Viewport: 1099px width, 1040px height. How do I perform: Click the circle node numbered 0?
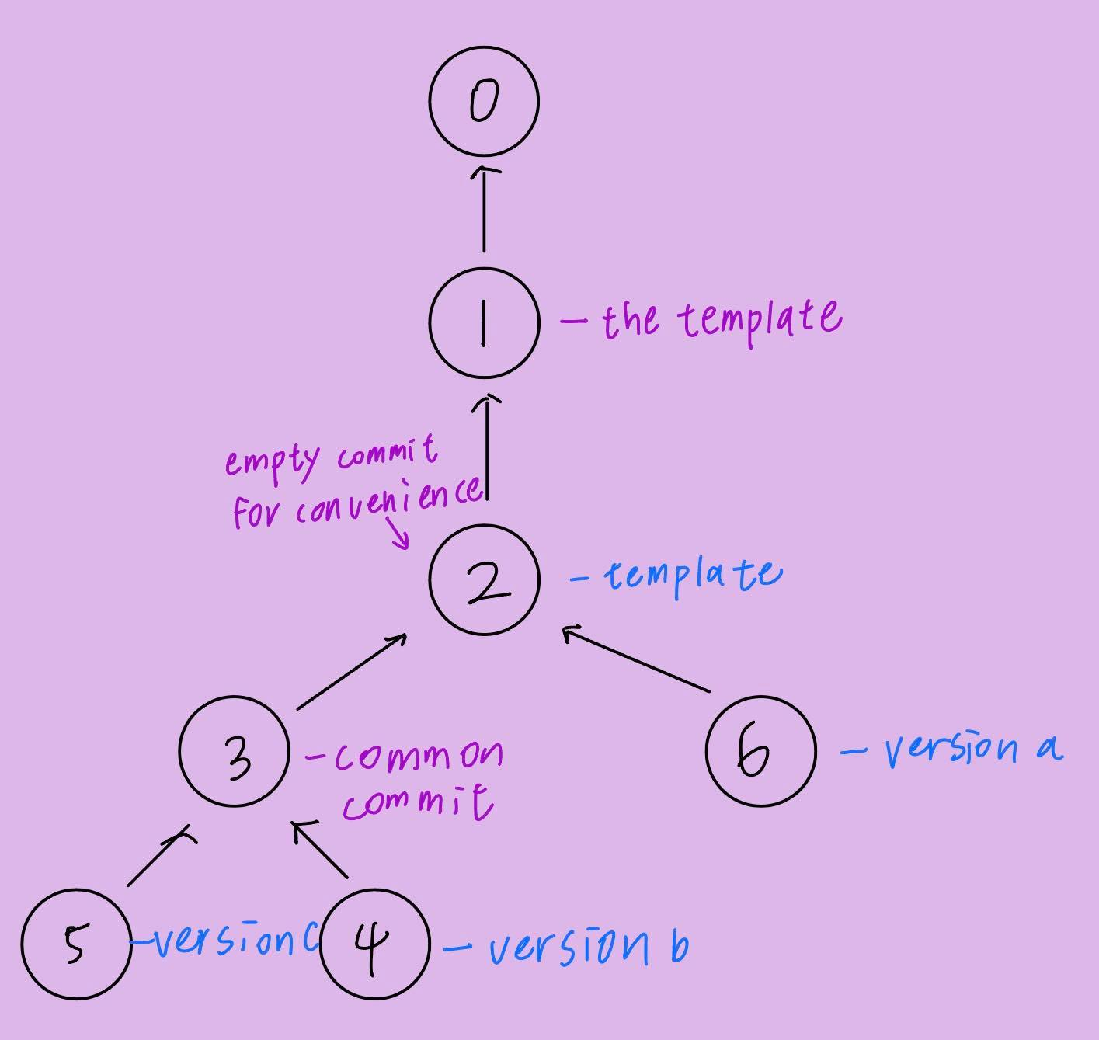[483, 102]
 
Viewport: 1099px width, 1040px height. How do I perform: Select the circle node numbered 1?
[483, 322]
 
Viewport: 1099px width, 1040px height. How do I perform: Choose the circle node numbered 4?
[374, 944]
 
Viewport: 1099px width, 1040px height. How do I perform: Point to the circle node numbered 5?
[75, 944]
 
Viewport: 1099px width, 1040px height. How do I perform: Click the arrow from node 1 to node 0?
[484, 208]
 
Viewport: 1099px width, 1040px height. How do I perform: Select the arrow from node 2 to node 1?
[487, 447]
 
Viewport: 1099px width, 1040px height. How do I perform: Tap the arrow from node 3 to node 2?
[351, 671]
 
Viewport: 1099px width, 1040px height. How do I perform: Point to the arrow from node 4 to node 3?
[322, 850]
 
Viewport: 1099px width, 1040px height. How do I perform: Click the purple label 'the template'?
[720, 318]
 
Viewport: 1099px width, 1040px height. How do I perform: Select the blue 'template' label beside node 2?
[692, 576]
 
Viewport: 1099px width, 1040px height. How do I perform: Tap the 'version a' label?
[971, 749]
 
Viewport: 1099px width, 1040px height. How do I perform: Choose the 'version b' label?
[587, 945]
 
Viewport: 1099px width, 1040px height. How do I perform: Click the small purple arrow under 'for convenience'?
[398, 534]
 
